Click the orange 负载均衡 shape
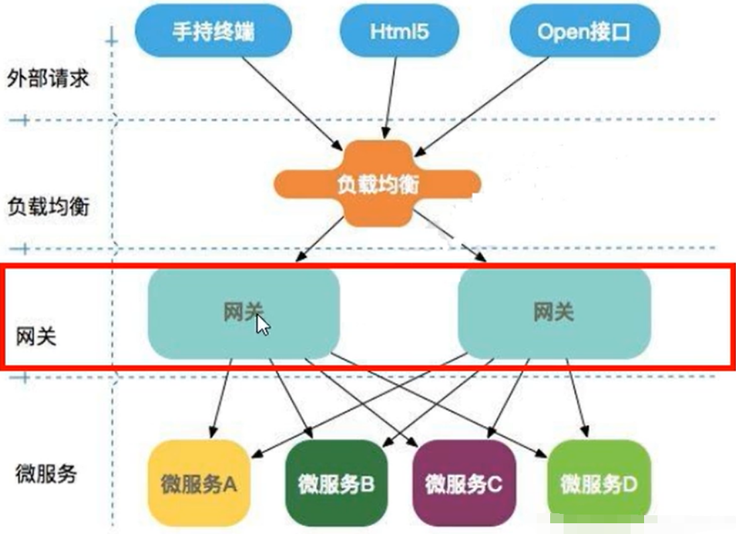tap(378, 182)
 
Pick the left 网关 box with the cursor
tap(201, 314)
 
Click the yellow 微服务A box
tap(199, 483)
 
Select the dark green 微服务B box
tap(335, 483)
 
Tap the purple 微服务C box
tap(464, 483)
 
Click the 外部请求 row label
tap(48, 79)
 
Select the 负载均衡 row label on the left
tap(48, 206)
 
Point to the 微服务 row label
tap(46, 474)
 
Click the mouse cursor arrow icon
tap(262, 326)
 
